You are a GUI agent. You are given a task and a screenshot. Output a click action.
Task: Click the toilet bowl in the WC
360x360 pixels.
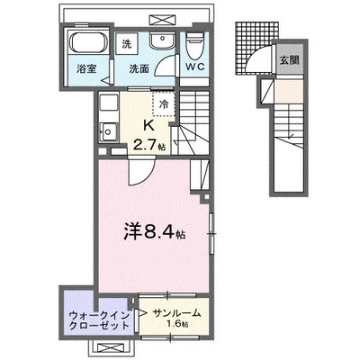[x=194, y=41]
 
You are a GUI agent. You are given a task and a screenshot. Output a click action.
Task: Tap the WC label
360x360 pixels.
[x=194, y=67]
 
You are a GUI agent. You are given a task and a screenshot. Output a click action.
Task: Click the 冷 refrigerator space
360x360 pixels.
[x=164, y=105]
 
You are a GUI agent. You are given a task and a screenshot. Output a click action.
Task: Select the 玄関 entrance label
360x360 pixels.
[x=287, y=60]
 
